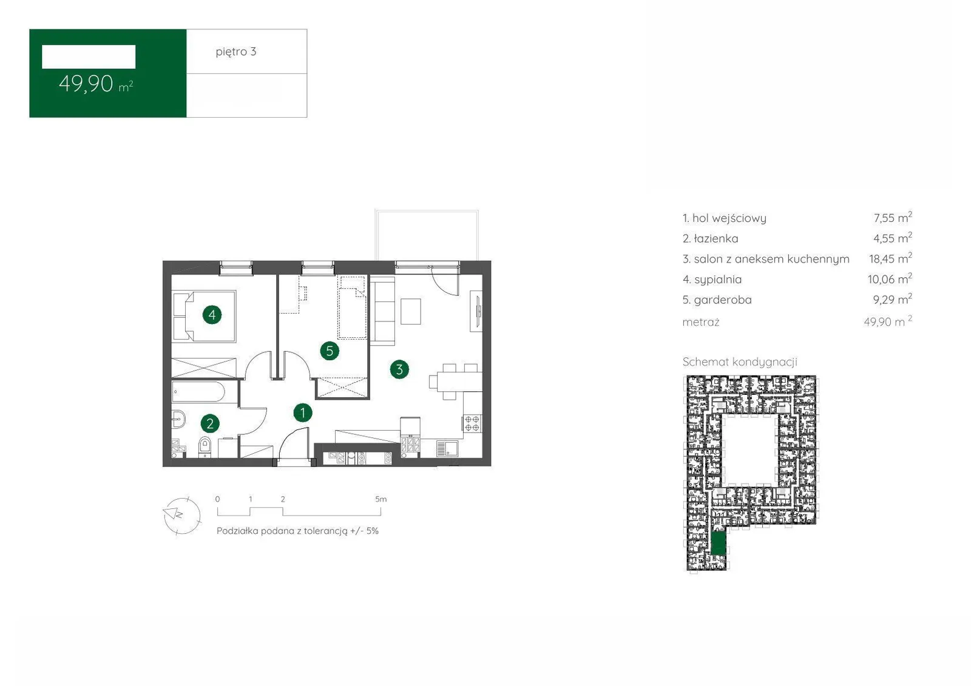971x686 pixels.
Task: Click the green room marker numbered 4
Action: coord(212,315)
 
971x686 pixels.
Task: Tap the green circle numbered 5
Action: coord(330,351)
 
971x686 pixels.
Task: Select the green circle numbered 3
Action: coord(399,369)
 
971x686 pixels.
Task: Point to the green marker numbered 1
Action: coord(303,412)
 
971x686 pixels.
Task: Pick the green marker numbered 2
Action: coord(210,423)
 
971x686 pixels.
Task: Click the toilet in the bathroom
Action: coord(205,447)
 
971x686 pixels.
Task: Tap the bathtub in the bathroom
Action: coord(198,392)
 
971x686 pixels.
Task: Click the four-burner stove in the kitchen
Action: coord(472,423)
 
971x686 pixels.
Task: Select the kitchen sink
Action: coord(447,448)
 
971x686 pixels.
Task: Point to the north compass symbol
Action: coord(182,516)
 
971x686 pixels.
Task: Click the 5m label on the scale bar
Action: coord(381,499)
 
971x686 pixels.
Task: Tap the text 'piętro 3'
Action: coord(236,52)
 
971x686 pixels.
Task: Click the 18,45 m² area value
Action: coord(890,258)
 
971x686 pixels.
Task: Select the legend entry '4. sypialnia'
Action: coord(712,280)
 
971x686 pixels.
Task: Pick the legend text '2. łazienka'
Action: coord(711,238)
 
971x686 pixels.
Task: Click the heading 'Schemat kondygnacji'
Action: coord(740,362)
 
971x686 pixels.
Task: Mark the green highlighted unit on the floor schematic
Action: coord(719,542)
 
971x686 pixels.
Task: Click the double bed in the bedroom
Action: coord(205,317)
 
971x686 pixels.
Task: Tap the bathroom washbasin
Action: coord(178,419)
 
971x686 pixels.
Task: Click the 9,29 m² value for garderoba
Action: coord(892,300)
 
